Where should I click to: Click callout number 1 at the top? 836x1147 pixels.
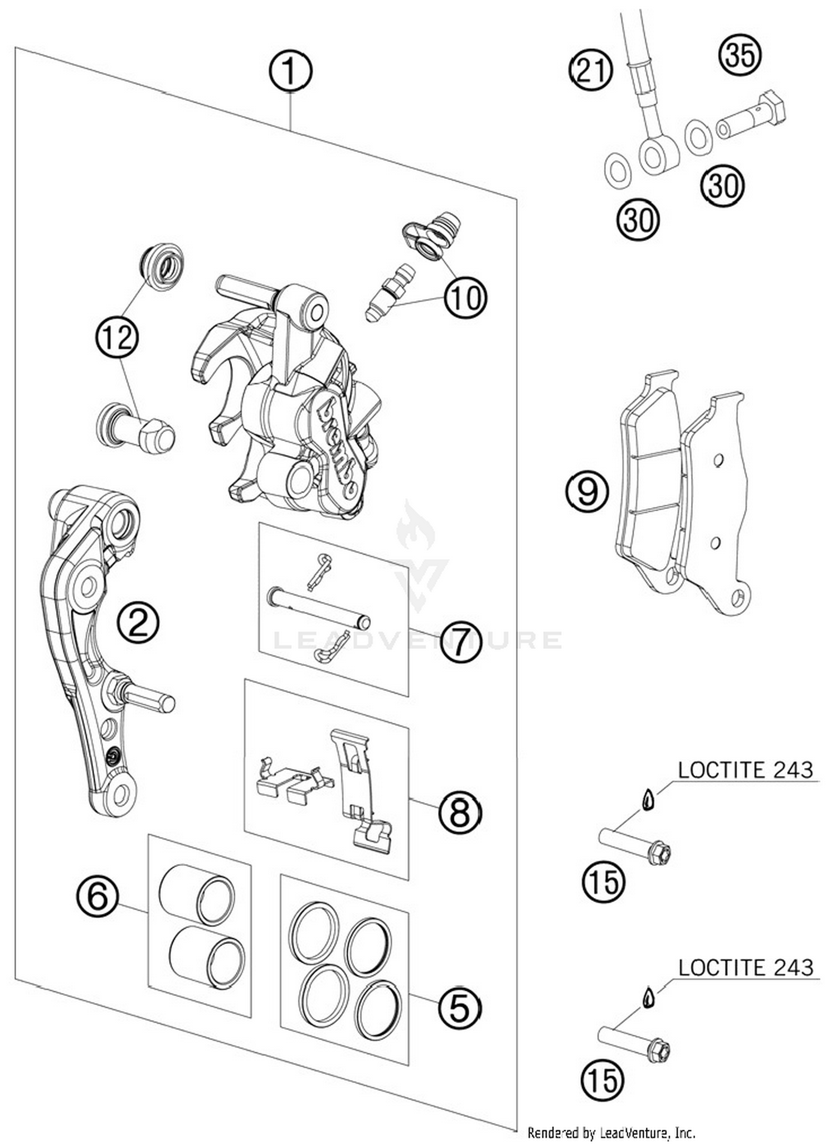tap(290, 71)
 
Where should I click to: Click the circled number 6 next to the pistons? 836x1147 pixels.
tap(98, 897)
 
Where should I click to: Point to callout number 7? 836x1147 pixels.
tap(460, 642)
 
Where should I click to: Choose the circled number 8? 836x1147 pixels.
tap(459, 814)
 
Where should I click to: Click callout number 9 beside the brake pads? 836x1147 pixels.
tap(587, 491)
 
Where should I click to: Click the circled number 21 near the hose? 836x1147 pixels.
tap(591, 70)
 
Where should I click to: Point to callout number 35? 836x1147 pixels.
tap(740, 55)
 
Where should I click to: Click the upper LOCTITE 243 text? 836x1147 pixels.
tap(745, 770)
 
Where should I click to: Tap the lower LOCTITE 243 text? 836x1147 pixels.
tap(746, 967)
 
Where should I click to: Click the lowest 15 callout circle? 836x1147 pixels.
tap(602, 1081)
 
